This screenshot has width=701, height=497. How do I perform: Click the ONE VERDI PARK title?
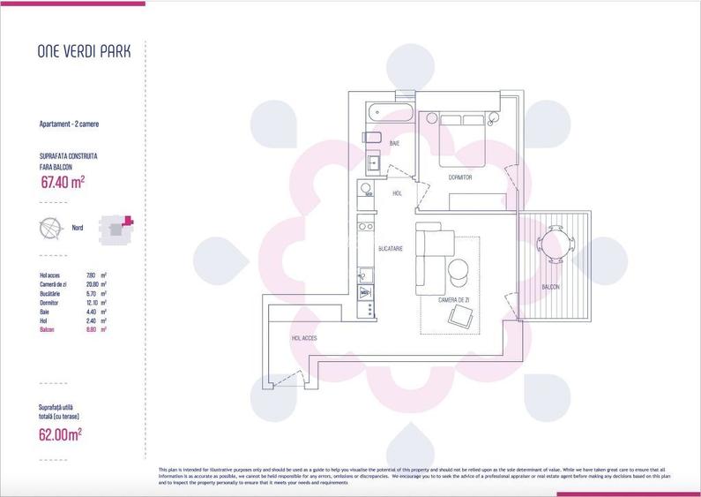tap(84, 51)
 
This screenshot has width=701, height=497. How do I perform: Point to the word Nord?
tap(77, 228)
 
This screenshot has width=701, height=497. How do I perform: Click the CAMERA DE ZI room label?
tap(455, 300)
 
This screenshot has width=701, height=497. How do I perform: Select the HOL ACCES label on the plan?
tap(304, 338)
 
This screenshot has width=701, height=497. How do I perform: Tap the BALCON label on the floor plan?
tap(552, 287)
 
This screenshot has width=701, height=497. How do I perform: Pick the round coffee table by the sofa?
tap(459, 271)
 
